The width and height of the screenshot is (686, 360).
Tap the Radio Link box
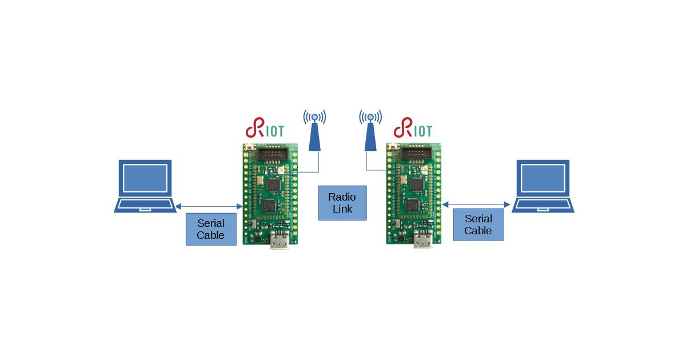tap(342, 203)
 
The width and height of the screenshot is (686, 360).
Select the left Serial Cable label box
tap(211, 229)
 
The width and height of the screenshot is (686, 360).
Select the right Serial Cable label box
tap(478, 224)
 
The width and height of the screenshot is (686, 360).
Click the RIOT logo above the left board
tap(265, 130)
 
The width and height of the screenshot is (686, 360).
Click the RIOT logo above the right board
tap(413, 130)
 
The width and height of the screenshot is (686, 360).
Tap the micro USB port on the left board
tap(280, 242)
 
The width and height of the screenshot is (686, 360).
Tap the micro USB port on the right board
tap(424, 242)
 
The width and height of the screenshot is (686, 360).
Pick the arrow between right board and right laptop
tap(476, 203)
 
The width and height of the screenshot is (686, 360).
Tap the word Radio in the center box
tap(342, 197)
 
